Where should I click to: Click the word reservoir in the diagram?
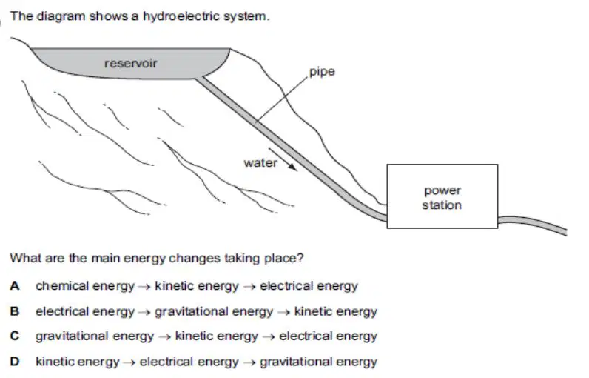[x=130, y=63]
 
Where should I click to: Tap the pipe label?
[x=322, y=72]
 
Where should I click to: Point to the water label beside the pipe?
[x=260, y=163]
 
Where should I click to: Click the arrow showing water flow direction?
[x=283, y=160]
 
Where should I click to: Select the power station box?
[x=442, y=196]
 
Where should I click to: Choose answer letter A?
[x=15, y=286]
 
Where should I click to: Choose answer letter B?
[x=15, y=311]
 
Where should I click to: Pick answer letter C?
[x=15, y=336]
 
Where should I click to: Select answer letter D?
[x=15, y=361]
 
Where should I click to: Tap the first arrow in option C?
[x=164, y=336]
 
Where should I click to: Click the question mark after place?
[x=300, y=258]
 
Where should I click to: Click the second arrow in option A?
[x=249, y=287]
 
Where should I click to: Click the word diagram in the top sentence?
[x=61, y=16]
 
